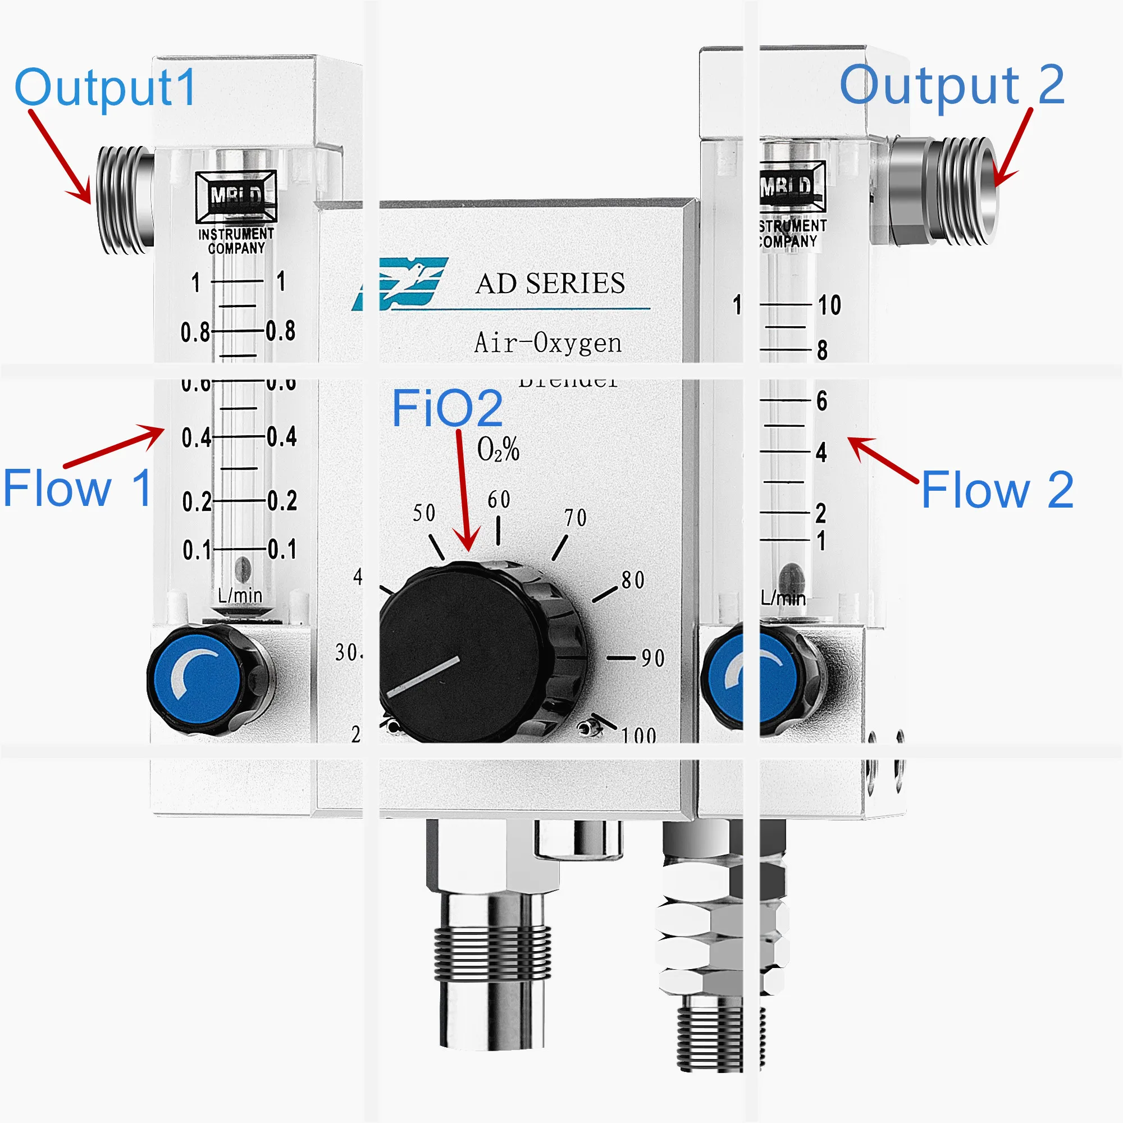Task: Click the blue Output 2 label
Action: [952, 85]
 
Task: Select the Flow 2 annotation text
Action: [997, 490]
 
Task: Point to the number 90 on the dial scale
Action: [653, 658]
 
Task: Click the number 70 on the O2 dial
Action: [576, 517]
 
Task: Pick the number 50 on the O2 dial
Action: [424, 513]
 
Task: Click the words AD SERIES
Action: [550, 284]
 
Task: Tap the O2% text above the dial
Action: [498, 449]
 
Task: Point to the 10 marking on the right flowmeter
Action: [829, 305]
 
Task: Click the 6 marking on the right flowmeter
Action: [821, 400]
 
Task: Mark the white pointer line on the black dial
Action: [423, 677]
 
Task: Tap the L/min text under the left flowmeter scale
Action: [240, 595]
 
